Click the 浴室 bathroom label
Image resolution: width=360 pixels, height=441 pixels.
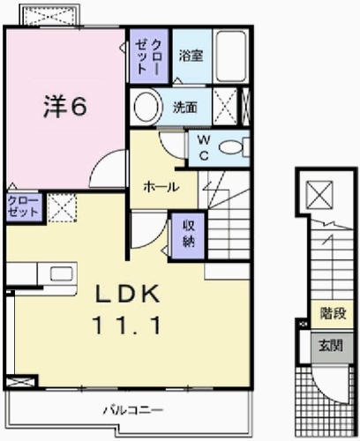click(x=191, y=55)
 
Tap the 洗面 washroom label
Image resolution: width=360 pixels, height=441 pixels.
click(x=184, y=108)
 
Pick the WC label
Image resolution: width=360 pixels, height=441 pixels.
click(x=203, y=147)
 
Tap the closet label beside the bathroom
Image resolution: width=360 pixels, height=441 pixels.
click(x=149, y=56)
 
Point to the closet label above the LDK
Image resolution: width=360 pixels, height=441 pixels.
click(x=23, y=207)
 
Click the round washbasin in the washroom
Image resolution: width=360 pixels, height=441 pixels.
click(x=146, y=108)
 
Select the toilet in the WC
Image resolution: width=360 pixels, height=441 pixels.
click(x=232, y=148)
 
